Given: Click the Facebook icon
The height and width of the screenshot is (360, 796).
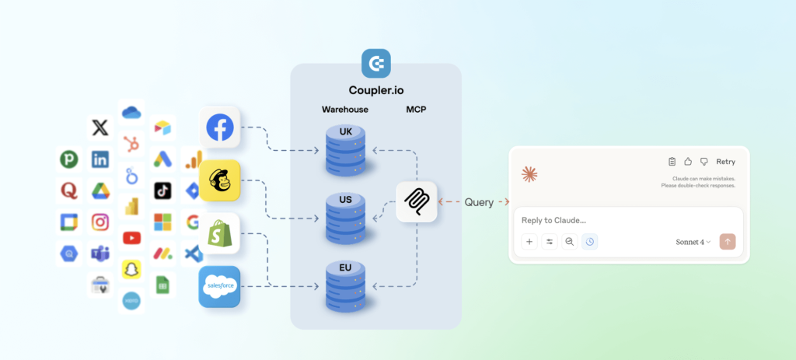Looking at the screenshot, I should pyautogui.click(x=220, y=128).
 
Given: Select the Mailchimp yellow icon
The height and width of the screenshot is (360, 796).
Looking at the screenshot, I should pyautogui.click(x=220, y=181).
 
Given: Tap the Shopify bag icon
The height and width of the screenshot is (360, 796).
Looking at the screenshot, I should pyautogui.click(x=220, y=233).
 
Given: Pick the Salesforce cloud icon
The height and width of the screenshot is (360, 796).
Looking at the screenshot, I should pyautogui.click(x=219, y=287).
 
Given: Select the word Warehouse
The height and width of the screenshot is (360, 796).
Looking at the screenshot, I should pyautogui.click(x=345, y=110).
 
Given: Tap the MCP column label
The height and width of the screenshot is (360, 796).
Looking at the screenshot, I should pyautogui.click(x=416, y=110).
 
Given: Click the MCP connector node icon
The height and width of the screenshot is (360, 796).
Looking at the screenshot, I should pyautogui.click(x=417, y=202).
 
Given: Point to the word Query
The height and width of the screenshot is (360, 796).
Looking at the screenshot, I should pyautogui.click(x=479, y=202).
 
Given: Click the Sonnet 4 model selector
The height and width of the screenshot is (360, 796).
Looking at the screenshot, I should pyautogui.click(x=693, y=242).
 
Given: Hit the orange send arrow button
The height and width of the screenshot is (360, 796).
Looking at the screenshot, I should pyautogui.click(x=728, y=242).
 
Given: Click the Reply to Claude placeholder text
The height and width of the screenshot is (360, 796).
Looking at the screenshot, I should pyautogui.click(x=553, y=220).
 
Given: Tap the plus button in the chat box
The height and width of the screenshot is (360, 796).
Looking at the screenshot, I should pyautogui.click(x=529, y=242).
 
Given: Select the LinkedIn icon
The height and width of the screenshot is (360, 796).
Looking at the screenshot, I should pyautogui.click(x=100, y=159).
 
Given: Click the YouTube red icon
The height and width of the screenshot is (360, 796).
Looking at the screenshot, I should pyautogui.click(x=131, y=238).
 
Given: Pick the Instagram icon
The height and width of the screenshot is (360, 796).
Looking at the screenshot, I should pyautogui.click(x=100, y=222).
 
